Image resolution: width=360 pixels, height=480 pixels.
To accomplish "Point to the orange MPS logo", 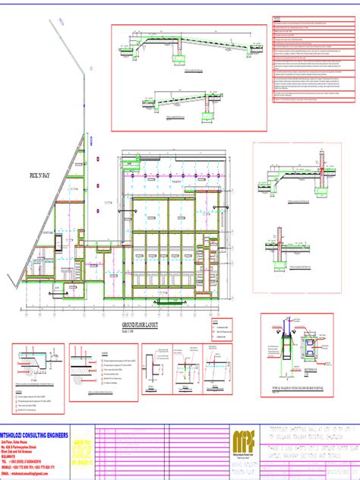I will pyautogui.click(x=242, y=445).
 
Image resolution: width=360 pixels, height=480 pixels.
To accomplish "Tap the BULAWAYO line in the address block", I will pyautogui.click(x=15, y=454).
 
